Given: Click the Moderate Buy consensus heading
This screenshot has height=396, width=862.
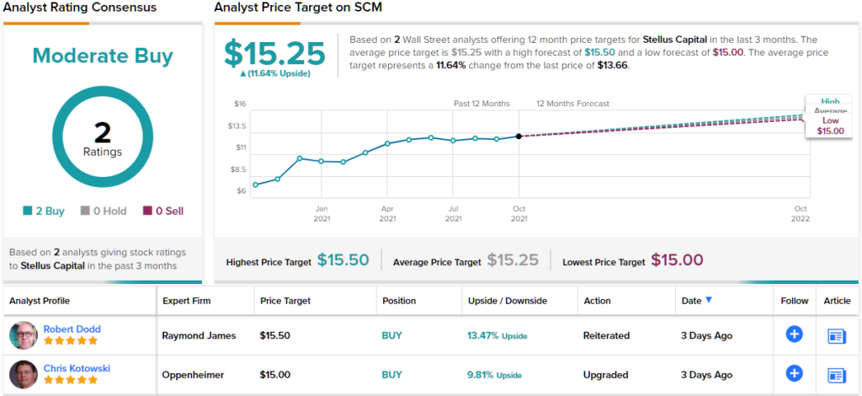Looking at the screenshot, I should coord(103,56).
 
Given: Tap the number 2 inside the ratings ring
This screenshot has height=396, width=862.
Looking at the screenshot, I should coord(103,132).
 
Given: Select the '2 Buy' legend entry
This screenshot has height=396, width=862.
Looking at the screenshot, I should coord(45,211).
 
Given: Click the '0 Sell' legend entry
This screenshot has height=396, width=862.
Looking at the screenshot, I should coord(163,211).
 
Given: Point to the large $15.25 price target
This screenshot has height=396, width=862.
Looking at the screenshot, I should coord(274,54).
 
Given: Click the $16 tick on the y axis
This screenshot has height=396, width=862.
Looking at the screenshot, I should coord(239,104).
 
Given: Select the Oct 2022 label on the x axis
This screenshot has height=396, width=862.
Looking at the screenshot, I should coord(801,213).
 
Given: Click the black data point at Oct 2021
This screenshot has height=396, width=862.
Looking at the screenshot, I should coord(519,136).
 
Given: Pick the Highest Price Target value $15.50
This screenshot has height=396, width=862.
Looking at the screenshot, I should coord(343,260).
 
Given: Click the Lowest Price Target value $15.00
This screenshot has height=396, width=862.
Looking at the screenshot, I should coord(677,260).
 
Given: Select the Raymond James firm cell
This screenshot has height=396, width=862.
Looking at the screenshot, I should coord(199,335).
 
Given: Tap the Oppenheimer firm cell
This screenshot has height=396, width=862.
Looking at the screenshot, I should coord(197,374).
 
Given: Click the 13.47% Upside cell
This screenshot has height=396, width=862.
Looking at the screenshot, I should coord(498,335).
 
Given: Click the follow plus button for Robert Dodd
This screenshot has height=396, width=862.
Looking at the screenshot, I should coord(794,334).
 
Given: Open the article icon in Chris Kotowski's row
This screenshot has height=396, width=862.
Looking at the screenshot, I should coord(837,375).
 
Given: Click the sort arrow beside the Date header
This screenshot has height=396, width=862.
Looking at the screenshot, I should coord(709,300).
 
